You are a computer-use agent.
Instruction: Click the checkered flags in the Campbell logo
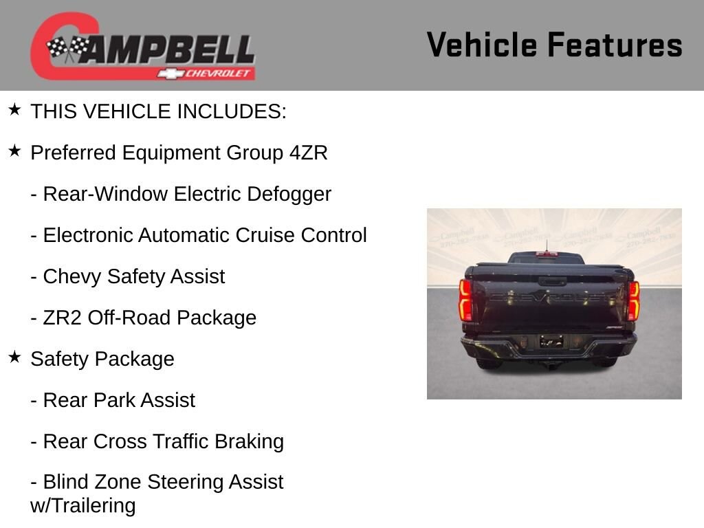68,49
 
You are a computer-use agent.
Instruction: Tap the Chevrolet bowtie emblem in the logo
170,74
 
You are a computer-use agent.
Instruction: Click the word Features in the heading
615,45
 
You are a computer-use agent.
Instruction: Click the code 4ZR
309,153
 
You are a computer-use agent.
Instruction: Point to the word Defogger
289,195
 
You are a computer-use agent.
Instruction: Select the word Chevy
71,276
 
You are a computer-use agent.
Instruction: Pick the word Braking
249,442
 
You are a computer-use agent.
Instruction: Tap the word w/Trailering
83,505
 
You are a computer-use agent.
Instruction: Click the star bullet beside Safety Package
15,357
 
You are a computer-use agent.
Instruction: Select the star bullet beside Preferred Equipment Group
15,151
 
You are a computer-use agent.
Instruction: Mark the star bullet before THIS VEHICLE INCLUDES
15,109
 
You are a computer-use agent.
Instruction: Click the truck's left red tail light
465,299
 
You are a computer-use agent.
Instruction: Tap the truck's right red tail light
633,300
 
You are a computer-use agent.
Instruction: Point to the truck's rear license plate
551,342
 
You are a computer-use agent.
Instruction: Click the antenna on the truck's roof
547,246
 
